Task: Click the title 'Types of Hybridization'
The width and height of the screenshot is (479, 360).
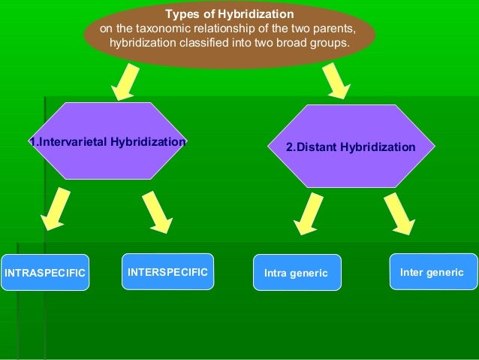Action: click(x=229, y=14)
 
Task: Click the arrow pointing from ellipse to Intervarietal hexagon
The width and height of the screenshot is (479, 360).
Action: click(x=125, y=81)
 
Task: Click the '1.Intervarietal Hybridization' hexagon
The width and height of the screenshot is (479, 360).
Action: click(x=108, y=141)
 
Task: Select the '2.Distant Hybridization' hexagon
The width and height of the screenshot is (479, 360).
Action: click(x=351, y=147)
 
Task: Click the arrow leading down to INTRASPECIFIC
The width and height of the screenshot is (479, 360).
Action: click(x=56, y=209)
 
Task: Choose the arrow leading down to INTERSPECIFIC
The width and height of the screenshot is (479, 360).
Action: click(x=157, y=211)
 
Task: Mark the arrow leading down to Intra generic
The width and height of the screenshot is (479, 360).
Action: click(x=308, y=214)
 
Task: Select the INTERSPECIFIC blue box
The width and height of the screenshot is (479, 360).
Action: click(x=167, y=271)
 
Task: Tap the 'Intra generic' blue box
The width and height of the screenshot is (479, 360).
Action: click(x=297, y=273)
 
